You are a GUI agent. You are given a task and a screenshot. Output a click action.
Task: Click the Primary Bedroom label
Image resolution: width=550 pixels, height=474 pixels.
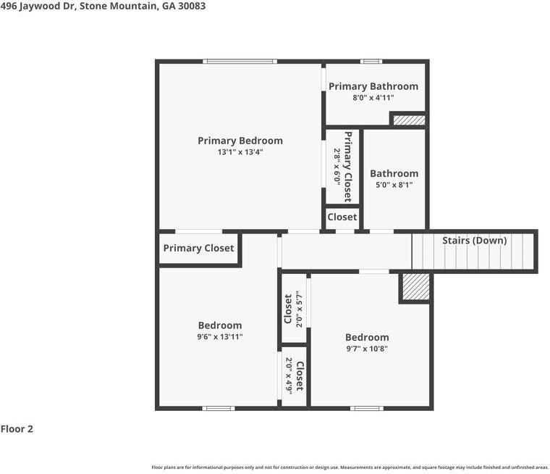(x=240, y=141)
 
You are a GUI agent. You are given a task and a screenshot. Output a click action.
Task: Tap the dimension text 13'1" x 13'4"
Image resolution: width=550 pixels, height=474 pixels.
(x=240, y=152)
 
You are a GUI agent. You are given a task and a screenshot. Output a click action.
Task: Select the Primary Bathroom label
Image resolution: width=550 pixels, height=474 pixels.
(x=373, y=86)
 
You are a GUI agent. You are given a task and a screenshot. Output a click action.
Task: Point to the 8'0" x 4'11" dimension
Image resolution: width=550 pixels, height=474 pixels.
(x=373, y=98)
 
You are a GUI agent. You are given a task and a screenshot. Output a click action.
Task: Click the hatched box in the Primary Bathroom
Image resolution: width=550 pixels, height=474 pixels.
(x=408, y=120)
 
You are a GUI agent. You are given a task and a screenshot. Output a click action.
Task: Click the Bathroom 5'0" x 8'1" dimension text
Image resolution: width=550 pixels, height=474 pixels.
(x=394, y=186)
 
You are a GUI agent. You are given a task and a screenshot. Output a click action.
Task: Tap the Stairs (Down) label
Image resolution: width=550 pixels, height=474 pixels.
(x=474, y=241)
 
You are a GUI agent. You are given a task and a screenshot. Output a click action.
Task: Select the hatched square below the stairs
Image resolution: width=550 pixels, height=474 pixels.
(x=415, y=287)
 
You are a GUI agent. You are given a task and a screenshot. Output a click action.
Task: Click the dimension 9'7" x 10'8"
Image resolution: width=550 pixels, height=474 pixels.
(x=366, y=349)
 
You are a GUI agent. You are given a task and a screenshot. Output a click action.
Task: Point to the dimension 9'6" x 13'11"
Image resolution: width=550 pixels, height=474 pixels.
(x=220, y=337)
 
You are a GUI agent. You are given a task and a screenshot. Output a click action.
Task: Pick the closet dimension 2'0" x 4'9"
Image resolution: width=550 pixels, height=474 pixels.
(x=289, y=376)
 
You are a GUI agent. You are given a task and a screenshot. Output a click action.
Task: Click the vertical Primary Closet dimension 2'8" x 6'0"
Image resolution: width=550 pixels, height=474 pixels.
(x=337, y=166)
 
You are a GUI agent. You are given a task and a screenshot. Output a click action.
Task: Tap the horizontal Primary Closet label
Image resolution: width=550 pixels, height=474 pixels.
(x=198, y=248)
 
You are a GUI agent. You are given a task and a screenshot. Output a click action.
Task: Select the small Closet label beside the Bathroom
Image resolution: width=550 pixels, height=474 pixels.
(x=342, y=217)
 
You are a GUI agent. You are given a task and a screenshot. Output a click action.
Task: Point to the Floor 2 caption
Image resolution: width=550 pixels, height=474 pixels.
(x=17, y=429)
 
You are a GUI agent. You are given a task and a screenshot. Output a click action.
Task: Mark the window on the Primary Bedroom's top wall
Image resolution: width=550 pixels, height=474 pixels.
(x=240, y=62)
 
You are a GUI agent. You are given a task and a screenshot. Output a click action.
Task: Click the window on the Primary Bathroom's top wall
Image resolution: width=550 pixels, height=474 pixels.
(x=371, y=62)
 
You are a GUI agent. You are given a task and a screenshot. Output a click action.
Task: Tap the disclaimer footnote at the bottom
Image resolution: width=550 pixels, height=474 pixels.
(x=350, y=467)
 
